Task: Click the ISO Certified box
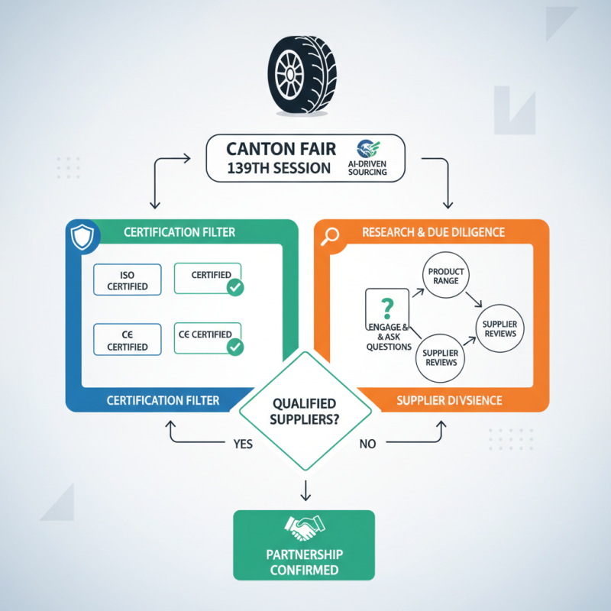[x=127, y=280]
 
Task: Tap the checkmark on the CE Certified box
[x=236, y=347]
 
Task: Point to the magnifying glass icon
[x=331, y=237]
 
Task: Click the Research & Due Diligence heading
[x=433, y=231]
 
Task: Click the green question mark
[x=387, y=309]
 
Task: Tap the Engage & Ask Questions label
[x=389, y=335]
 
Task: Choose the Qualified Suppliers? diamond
[x=305, y=409]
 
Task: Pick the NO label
[x=368, y=443]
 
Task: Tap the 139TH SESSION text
[x=279, y=169]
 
